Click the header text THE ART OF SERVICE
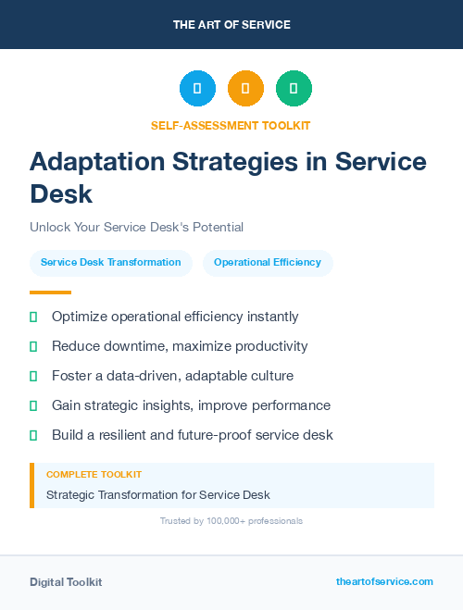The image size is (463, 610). [231, 25]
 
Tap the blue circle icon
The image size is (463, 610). [197, 88]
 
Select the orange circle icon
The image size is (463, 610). [245, 88]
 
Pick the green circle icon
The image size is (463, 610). [294, 88]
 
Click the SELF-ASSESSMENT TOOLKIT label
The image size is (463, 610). [231, 125]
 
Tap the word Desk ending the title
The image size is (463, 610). [61, 194]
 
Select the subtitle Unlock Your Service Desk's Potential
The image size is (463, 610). [136, 227]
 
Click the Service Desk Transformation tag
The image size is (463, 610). [111, 262]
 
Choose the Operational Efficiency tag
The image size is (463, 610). [268, 262]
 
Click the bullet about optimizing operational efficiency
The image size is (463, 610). [175, 317]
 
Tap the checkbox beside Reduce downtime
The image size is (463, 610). [33, 346]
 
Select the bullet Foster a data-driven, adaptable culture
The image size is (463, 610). [172, 376]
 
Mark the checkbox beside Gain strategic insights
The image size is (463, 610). [33, 405]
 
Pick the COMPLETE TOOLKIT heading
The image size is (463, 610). [94, 474]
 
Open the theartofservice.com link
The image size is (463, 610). [384, 581]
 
